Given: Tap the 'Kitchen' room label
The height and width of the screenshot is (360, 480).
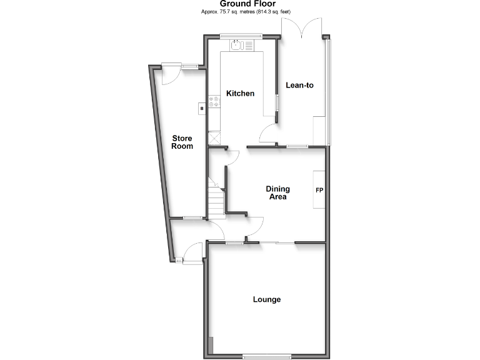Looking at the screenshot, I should coord(240,94).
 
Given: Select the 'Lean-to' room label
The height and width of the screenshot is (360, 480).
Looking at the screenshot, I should coord(299,85).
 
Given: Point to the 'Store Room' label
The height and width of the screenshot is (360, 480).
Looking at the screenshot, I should coord(182,142).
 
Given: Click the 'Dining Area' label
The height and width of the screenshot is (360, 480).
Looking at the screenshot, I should coord(277,192).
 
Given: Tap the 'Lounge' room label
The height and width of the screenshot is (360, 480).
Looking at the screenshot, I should coord(267,299).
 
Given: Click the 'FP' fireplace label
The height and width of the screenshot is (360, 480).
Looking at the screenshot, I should coord(319,191).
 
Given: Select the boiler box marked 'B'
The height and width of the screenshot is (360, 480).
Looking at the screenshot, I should coord(201,109).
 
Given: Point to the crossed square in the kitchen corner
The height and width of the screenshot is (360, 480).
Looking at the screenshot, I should coord(216,137).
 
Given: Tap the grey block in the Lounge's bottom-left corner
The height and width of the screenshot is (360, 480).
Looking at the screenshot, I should coord(211,344).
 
